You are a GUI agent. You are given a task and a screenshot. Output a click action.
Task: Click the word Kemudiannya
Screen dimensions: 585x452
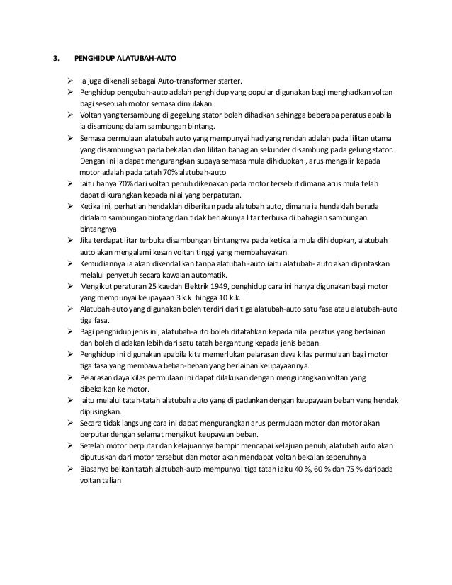tap(102, 264)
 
